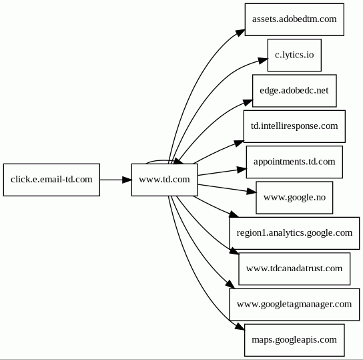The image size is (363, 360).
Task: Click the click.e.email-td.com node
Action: [x=51, y=180]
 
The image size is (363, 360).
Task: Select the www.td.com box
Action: [x=165, y=180]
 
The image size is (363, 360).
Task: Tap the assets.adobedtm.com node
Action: [x=294, y=19]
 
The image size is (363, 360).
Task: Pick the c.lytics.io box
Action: [x=294, y=55]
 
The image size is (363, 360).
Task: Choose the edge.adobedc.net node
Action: [x=294, y=91]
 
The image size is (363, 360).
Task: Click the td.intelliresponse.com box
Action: [x=294, y=126]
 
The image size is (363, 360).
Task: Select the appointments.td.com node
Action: [x=294, y=162]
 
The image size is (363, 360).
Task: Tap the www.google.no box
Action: [x=294, y=198]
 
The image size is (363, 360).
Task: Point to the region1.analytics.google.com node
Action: [x=294, y=233]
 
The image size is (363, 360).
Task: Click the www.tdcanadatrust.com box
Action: [x=294, y=269]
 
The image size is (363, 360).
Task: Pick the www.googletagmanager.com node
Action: [x=294, y=305]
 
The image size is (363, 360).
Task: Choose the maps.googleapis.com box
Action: [x=294, y=341]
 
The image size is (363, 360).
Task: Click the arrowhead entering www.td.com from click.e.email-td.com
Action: [x=127, y=180]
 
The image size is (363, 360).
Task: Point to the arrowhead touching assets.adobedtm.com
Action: [x=240, y=33]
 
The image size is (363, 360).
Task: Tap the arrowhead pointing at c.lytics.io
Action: [x=263, y=60]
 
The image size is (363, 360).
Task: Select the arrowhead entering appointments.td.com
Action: [x=242, y=170]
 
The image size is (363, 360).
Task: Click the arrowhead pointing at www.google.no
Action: [x=252, y=192]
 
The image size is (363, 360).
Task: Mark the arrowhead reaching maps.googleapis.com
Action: [x=240, y=327]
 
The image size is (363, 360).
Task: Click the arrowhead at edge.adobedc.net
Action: [x=248, y=102]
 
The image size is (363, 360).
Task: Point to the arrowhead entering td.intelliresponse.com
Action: [x=239, y=143]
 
